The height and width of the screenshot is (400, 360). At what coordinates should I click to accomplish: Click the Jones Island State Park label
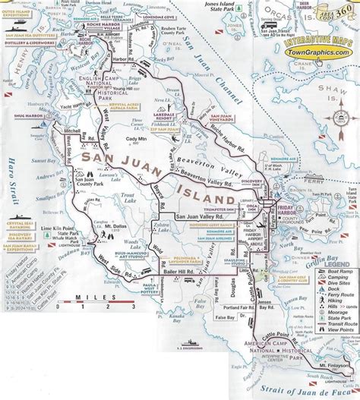[x=221, y=11]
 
